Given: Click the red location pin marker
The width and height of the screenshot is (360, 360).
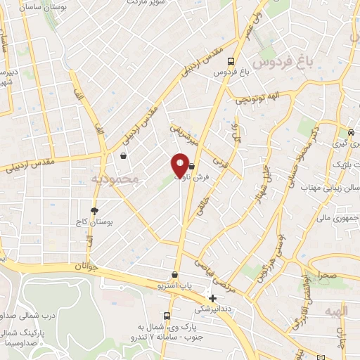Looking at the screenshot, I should [x=181, y=165].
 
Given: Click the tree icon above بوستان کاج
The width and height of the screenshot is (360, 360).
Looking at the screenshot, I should [x=94, y=210].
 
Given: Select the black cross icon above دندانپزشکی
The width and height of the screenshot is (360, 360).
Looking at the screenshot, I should [x=212, y=298].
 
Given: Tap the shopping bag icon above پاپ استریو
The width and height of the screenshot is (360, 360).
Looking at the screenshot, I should [x=174, y=275].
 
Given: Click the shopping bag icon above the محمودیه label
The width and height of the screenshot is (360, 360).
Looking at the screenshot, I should [x=124, y=157].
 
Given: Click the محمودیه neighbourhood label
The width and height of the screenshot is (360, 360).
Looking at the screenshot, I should [x=116, y=180].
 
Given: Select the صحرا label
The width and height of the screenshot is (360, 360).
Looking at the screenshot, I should [x=328, y=276].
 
